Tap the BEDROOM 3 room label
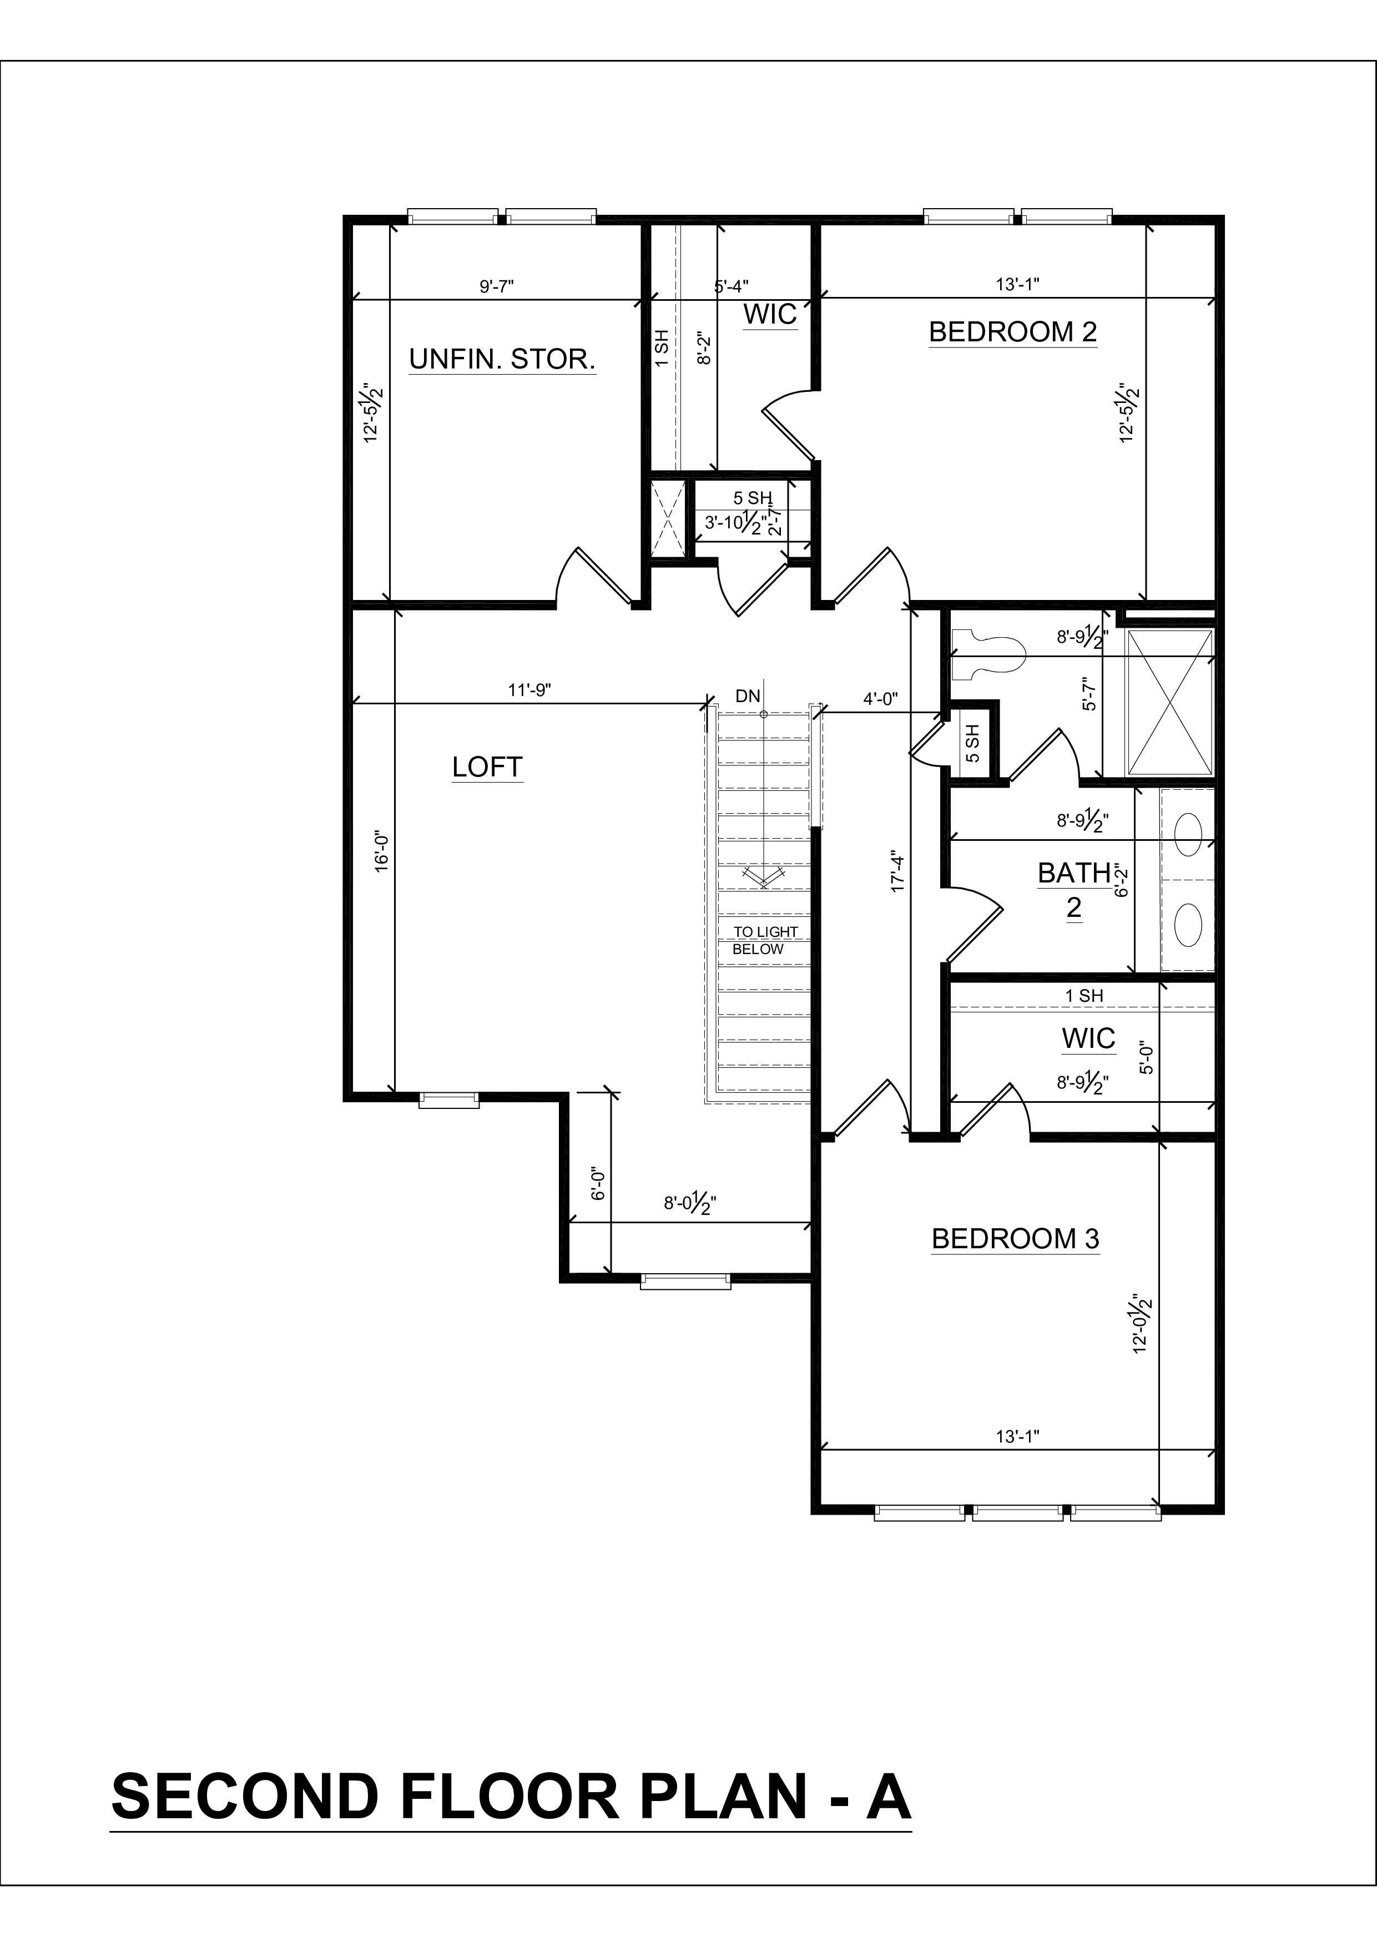pos(1015,1239)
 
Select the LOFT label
pos(487,768)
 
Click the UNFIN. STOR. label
pos(502,360)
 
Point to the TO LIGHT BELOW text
pos(765,940)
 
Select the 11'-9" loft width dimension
pos(529,690)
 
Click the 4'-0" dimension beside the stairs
pos(880,699)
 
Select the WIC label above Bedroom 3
pos(1088,1039)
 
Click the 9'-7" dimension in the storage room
pos(497,286)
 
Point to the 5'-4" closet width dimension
pos(731,286)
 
